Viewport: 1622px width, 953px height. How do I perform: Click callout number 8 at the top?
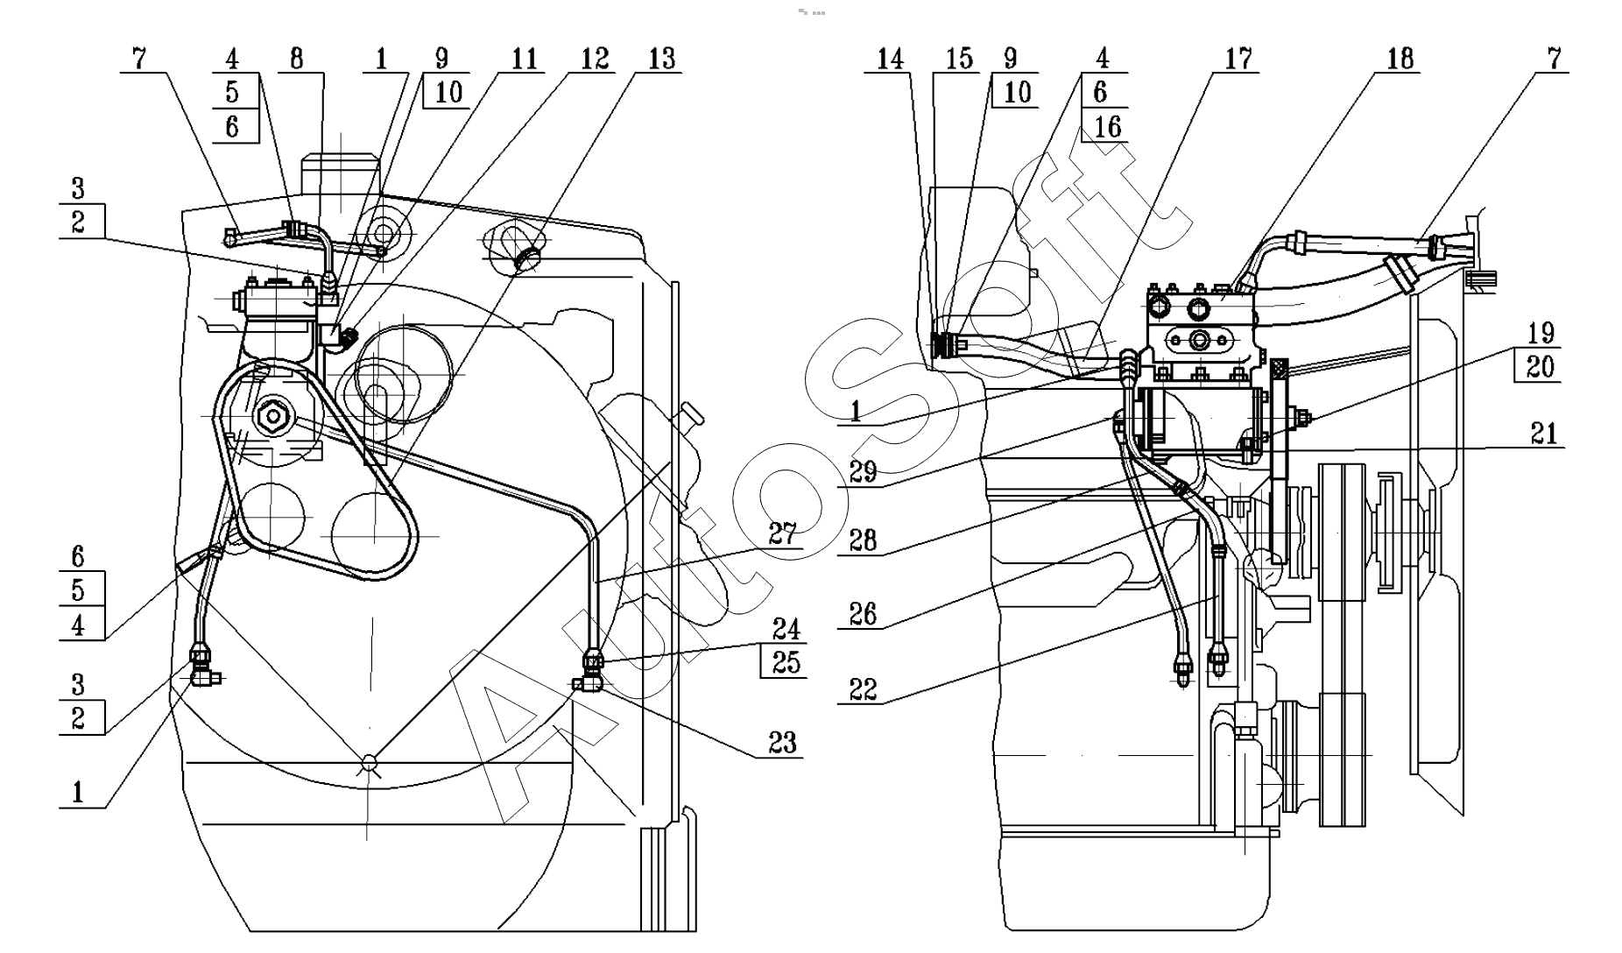point(296,59)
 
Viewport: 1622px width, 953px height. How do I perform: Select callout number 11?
point(524,59)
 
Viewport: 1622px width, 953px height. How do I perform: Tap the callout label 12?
point(595,59)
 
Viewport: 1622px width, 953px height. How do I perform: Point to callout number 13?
point(662,59)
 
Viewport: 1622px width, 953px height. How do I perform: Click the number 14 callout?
point(890,59)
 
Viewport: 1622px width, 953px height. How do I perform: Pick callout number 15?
point(960,59)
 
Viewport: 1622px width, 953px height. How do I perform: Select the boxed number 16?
point(1107,126)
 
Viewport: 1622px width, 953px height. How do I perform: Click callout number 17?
point(1238,59)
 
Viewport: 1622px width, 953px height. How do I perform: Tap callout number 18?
point(1400,59)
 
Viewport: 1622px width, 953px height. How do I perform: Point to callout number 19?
point(1541,333)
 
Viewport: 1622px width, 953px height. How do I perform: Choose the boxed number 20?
point(1540,366)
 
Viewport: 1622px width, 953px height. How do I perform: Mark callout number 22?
point(863,689)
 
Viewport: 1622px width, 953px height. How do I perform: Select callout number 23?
point(782,743)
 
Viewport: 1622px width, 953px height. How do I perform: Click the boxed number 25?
point(786,662)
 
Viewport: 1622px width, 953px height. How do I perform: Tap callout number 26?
point(863,613)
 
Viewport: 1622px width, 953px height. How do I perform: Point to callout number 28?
point(863,540)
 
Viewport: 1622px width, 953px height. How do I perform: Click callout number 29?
point(863,471)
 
